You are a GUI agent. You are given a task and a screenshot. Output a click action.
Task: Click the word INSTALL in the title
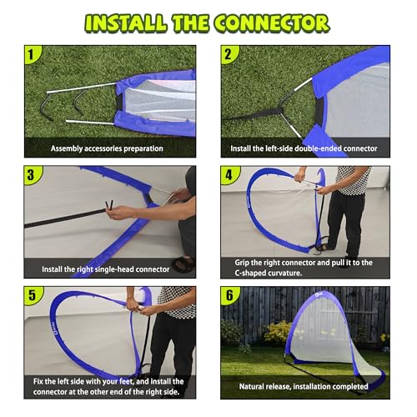(126, 23)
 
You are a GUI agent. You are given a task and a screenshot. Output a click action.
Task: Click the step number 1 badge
(31, 54)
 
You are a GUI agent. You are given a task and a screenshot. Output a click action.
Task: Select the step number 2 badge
(229, 54)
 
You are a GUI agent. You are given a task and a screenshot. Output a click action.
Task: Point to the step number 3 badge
(31, 175)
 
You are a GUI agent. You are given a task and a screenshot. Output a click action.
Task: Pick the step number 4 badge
(229, 175)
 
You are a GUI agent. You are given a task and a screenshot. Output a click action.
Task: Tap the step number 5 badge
(32, 295)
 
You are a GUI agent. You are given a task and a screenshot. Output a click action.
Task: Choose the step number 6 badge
(229, 295)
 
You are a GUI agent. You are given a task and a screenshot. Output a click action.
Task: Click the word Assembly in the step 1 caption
(67, 148)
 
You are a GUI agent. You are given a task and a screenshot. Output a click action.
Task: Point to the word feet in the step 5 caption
(126, 381)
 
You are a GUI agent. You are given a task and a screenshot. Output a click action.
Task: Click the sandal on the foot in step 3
(183, 264)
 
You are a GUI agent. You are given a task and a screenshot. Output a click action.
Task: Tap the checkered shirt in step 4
(353, 180)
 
